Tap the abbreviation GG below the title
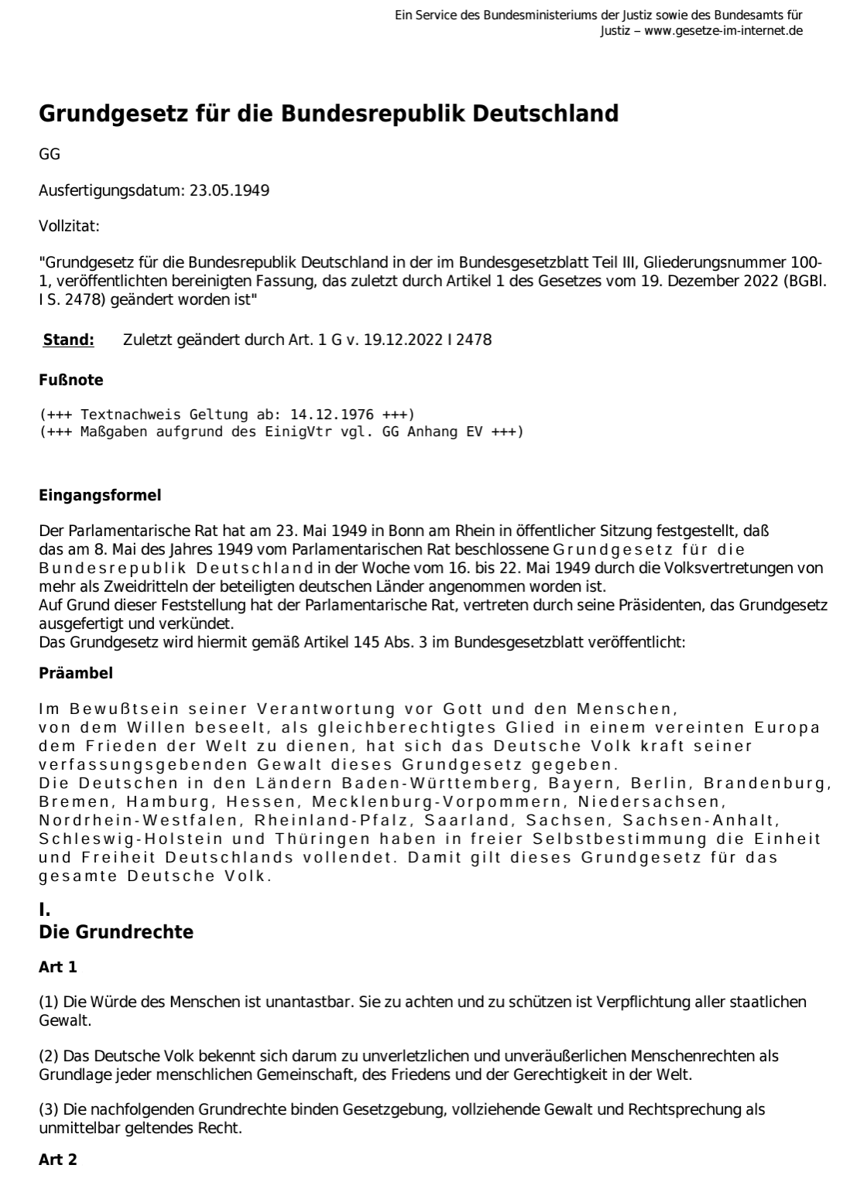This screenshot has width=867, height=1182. click(x=50, y=154)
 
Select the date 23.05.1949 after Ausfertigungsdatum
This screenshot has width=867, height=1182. click(x=229, y=190)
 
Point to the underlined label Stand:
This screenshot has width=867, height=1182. click(x=69, y=340)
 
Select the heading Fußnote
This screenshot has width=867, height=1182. click(x=71, y=381)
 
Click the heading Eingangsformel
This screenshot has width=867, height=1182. click(x=100, y=496)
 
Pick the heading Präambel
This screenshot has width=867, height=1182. click(x=76, y=673)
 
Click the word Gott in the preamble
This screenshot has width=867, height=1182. click(x=462, y=709)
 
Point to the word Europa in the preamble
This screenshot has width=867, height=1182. click(x=790, y=728)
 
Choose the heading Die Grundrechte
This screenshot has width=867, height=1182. click(x=116, y=932)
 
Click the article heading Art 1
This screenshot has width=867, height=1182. click(x=58, y=967)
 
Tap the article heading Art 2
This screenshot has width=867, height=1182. click(x=58, y=1160)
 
